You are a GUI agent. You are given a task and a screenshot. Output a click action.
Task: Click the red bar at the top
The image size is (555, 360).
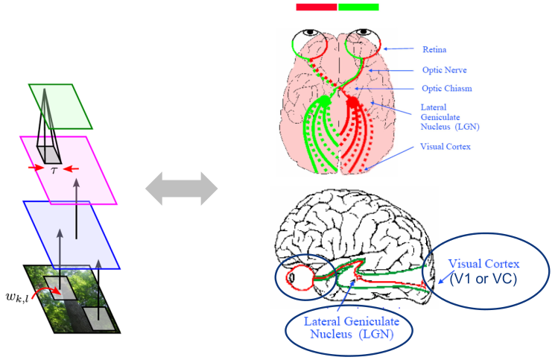(317, 7)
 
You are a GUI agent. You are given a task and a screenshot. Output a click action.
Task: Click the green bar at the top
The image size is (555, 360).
(358, 7)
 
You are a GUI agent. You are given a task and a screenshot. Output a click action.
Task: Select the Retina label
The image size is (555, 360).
(434, 49)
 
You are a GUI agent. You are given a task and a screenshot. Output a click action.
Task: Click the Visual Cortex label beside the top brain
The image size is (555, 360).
(445, 146)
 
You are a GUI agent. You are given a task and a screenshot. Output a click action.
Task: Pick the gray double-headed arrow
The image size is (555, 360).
(181, 188)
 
